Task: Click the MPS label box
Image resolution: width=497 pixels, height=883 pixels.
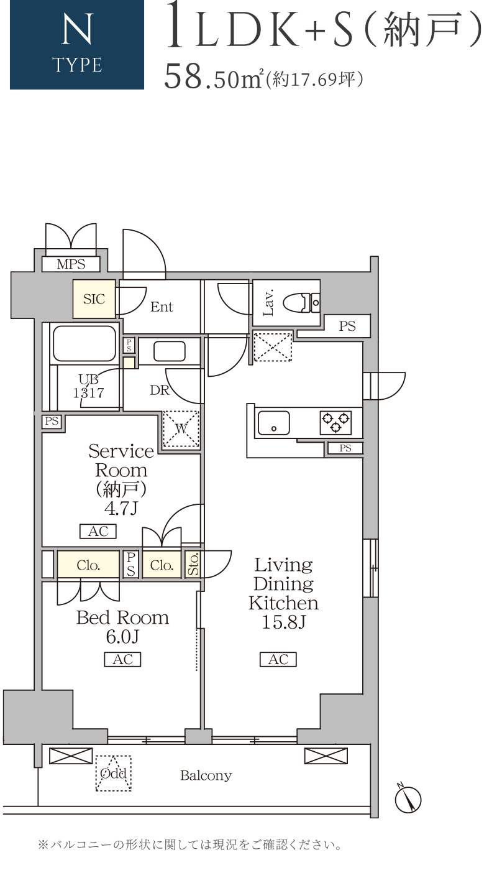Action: click(71, 264)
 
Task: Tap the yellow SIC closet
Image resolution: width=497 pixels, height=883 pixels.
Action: click(94, 299)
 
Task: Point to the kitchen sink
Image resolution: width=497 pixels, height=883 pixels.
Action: click(274, 423)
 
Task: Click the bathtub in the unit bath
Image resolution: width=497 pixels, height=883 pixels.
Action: click(84, 343)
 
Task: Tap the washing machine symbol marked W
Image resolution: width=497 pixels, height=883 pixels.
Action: click(181, 428)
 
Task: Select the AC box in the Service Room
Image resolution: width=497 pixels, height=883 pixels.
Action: click(98, 531)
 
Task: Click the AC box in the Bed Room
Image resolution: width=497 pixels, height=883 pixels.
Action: click(122, 659)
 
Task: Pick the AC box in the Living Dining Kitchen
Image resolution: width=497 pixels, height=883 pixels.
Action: click(278, 659)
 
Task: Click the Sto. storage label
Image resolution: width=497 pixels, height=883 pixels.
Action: click(193, 564)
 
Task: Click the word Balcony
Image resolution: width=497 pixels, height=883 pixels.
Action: click(206, 776)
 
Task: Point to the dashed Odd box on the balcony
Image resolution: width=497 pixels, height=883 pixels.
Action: click(114, 774)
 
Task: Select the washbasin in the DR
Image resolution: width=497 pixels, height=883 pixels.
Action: click(170, 351)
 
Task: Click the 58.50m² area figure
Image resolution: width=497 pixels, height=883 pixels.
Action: click(213, 77)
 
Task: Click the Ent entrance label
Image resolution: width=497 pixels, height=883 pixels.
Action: click(162, 307)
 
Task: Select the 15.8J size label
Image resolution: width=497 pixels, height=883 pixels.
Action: click(283, 622)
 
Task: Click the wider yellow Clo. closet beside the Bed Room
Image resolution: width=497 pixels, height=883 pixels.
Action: click(88, 565)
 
